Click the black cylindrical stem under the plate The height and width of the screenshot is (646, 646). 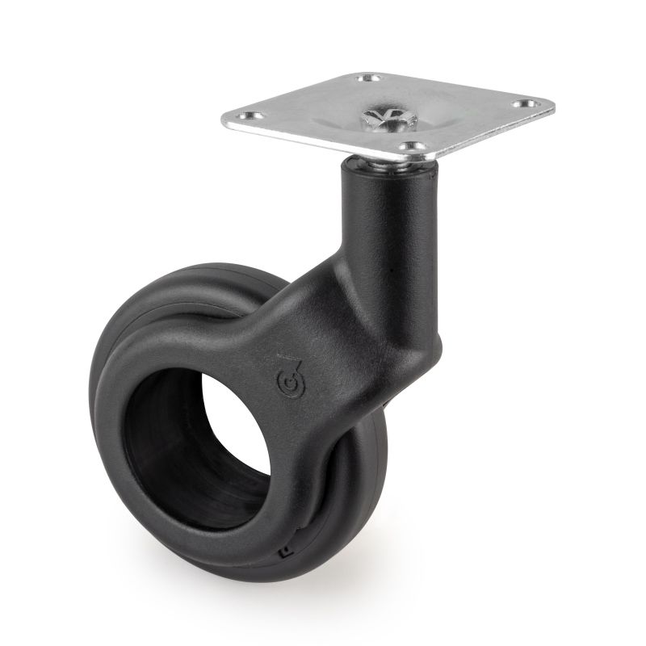pyautogui.click(x=380, y=210)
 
